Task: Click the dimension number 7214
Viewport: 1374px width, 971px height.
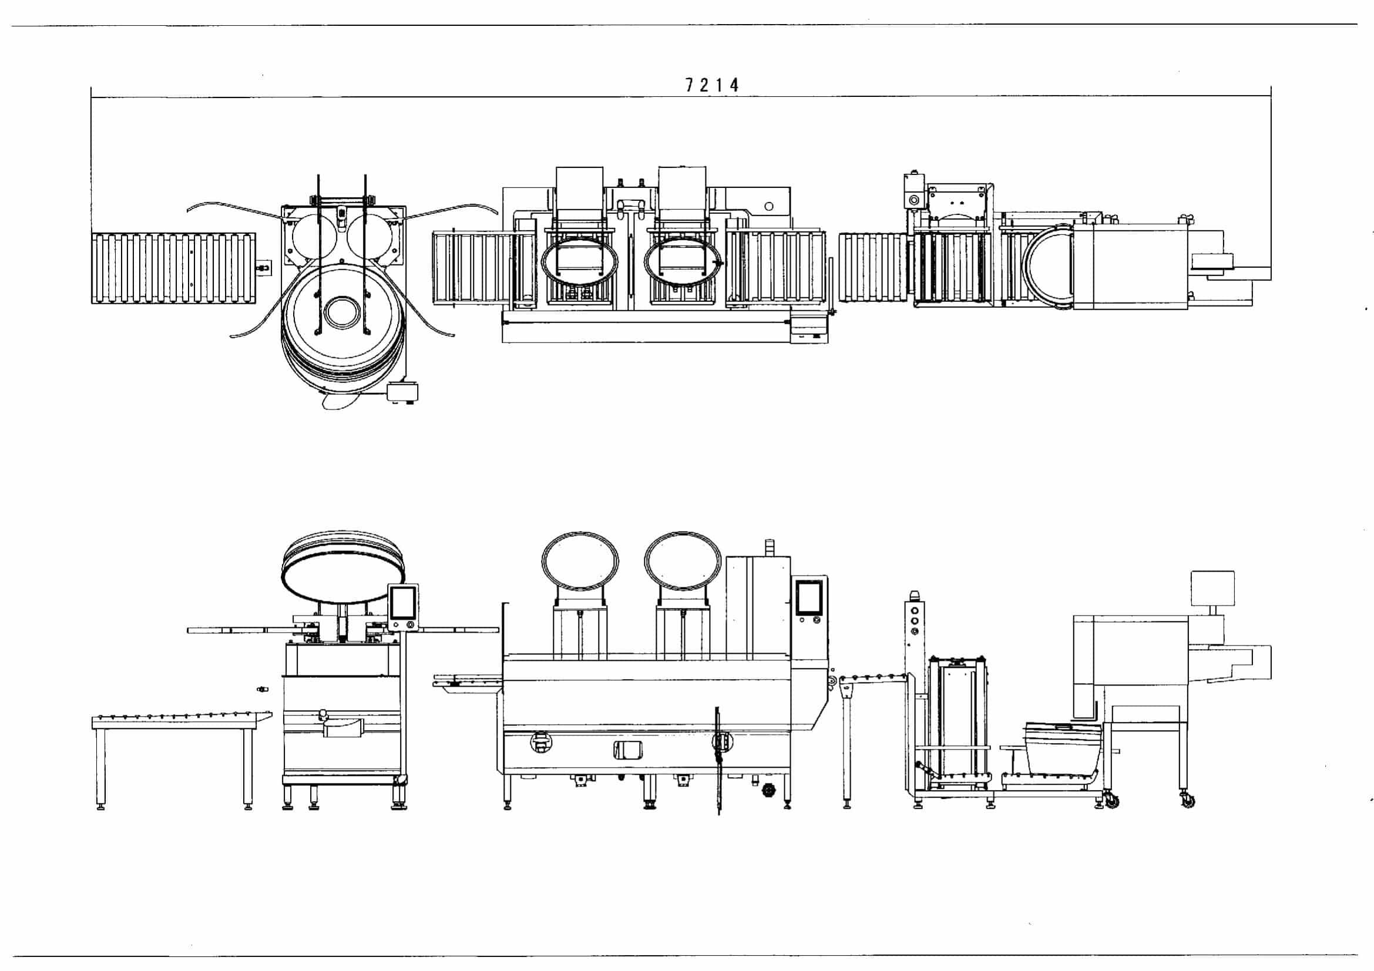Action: (x=711, y=85)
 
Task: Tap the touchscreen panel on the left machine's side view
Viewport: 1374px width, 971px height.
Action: (x=403, y=607)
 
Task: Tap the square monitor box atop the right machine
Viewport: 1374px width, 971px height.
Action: (x=1212, y=589)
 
